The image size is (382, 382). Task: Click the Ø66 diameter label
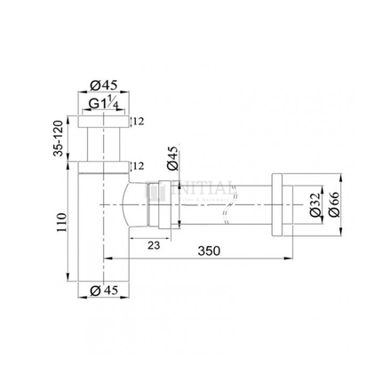(332, 210)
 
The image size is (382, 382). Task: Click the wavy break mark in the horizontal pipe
(228, 209)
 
